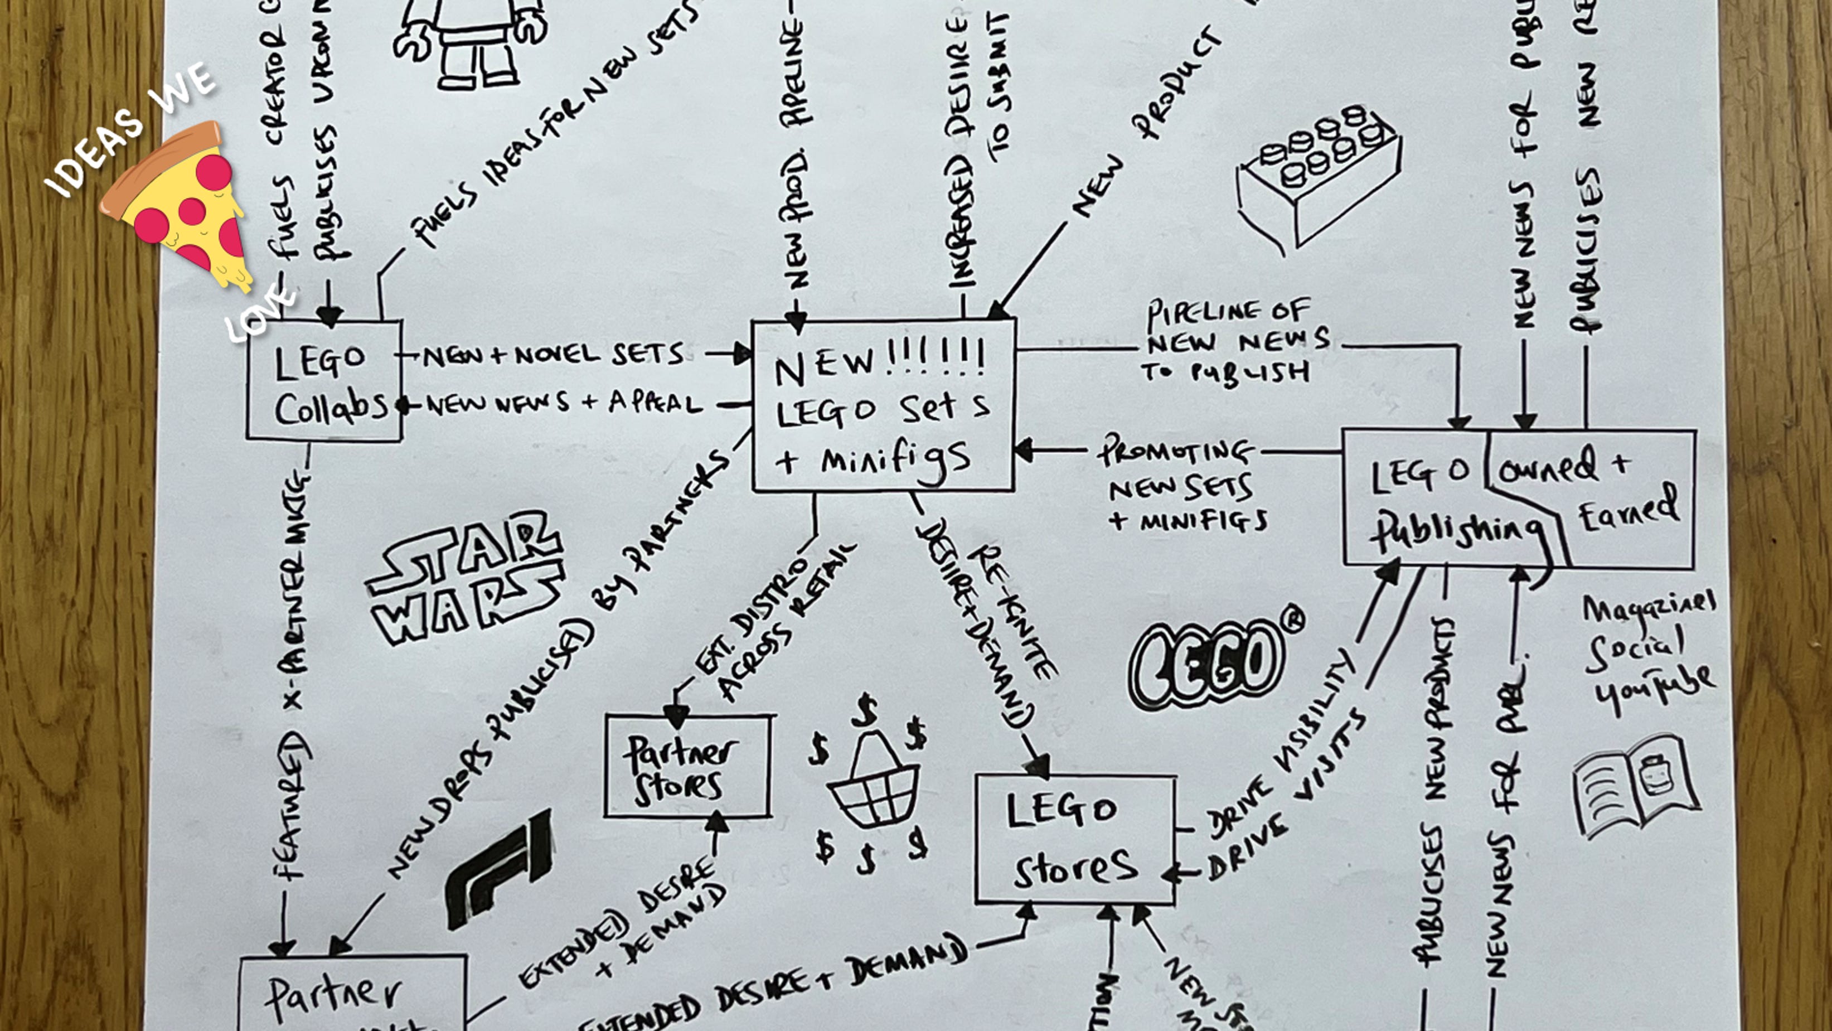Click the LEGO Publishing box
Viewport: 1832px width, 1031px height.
(1451, 498)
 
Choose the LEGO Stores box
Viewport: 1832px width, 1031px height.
(1074, 840)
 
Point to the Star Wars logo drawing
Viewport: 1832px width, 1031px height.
(466, 577)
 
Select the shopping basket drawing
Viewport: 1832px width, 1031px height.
(871, 783)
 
